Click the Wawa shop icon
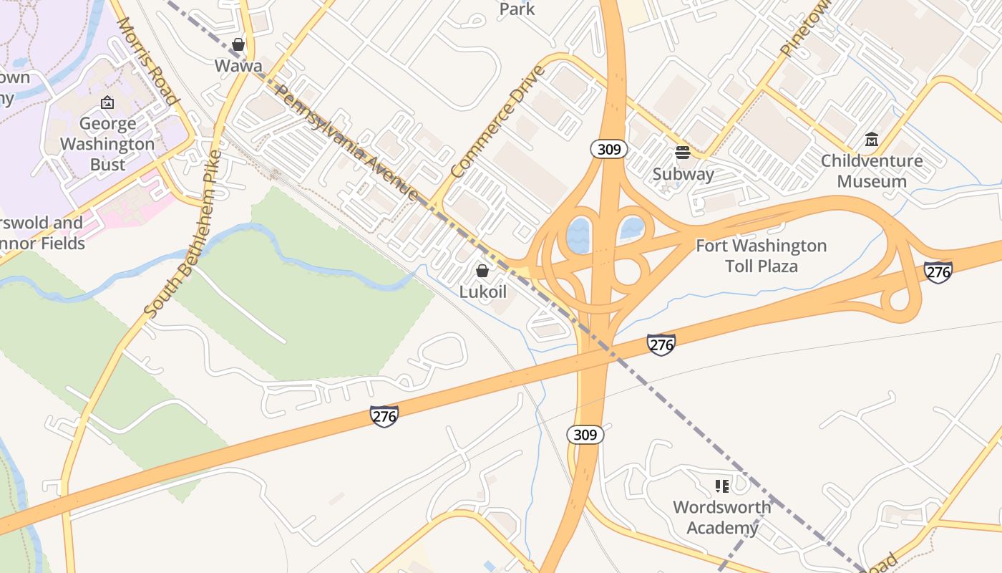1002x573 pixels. pos(238,45)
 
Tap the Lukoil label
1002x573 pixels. pos(482,292)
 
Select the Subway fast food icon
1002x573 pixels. pos(683,153)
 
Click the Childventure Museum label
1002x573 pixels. pos(871,170)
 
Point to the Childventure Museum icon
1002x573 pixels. pos(872,139)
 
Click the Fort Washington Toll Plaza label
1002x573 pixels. pos(761,256)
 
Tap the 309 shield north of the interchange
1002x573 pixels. pos(609,149)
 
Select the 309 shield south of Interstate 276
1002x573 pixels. pos(585,435)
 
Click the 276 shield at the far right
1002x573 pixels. pos(938,272)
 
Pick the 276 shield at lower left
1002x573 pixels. pos(384,416)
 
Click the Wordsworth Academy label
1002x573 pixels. pos(722,517)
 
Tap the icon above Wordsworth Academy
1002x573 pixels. pos(722,486)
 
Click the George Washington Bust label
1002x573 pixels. pos(107,144)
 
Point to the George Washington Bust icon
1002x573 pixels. pos(107,103)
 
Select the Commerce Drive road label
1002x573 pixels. pos(498,122)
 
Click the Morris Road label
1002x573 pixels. pos(147,61)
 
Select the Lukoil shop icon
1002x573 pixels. pos(482,271)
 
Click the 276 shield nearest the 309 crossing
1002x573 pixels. pos(661,345)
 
